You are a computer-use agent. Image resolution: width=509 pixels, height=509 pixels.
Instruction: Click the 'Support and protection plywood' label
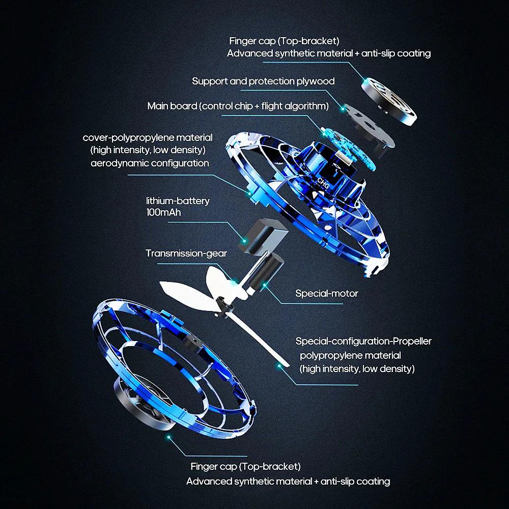[x=263, y=81]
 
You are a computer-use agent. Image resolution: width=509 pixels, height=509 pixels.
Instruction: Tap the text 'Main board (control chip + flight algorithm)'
[x=238, y=106]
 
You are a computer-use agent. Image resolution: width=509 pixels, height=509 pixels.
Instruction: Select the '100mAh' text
[x=163, y=212]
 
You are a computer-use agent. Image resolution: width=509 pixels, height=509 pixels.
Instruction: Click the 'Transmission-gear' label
[x=186, y=253]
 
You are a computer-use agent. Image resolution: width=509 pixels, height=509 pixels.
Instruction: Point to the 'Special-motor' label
[x=327, y=293]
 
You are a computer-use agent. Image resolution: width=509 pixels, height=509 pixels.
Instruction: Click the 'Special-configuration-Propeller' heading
[x=363, y=341]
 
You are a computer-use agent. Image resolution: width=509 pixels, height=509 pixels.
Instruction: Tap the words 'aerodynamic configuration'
[x=150, y=163]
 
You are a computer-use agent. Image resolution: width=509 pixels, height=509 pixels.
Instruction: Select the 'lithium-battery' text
[x=178, y=201]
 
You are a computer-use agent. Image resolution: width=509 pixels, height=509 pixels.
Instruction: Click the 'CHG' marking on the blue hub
[x=323, y=184]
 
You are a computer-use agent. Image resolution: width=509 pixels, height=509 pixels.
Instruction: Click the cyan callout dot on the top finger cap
[x=365, y=81]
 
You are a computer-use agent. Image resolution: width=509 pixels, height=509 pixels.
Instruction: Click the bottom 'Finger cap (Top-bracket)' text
[x=245, y=466]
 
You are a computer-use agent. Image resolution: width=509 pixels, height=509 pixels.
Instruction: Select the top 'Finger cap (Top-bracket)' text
[x=284, y=40]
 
